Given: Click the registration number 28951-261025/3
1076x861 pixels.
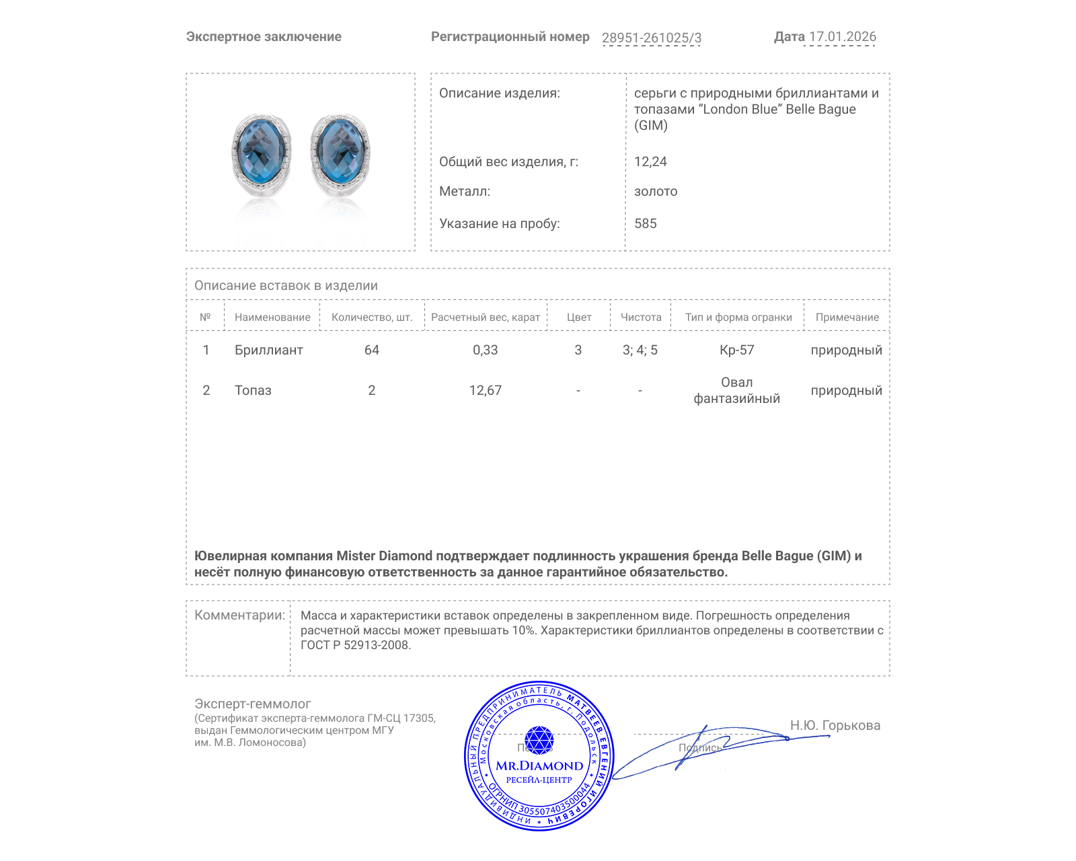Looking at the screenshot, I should point(651,38).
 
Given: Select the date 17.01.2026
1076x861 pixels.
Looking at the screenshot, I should point(842,37).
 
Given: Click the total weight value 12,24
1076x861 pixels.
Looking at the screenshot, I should point(650,161).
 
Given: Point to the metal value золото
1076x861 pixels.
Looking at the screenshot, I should point(655,191).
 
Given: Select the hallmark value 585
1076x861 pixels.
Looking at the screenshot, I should point(645,223).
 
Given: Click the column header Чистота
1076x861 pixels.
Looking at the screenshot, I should point(640,317).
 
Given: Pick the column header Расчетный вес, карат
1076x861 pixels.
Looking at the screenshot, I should point(485,317).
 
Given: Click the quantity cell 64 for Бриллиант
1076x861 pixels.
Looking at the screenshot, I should point(371,350).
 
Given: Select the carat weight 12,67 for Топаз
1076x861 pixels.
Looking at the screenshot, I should point(485,390).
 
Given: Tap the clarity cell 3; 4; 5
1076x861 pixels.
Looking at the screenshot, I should point(640,350).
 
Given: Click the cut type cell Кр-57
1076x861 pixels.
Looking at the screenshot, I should point(736,350).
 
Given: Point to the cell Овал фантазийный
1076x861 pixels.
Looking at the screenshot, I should point(736,390).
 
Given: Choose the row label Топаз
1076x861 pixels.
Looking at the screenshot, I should point(253,390).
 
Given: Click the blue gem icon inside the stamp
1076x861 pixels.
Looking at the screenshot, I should point(539,740).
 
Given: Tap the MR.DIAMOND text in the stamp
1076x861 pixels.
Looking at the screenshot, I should point(539,765).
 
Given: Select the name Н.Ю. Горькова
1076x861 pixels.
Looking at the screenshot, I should point(835,725).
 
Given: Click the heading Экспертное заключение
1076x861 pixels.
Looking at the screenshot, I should point(264,37).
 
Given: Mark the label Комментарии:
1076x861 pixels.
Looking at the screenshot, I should point(239,615).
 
